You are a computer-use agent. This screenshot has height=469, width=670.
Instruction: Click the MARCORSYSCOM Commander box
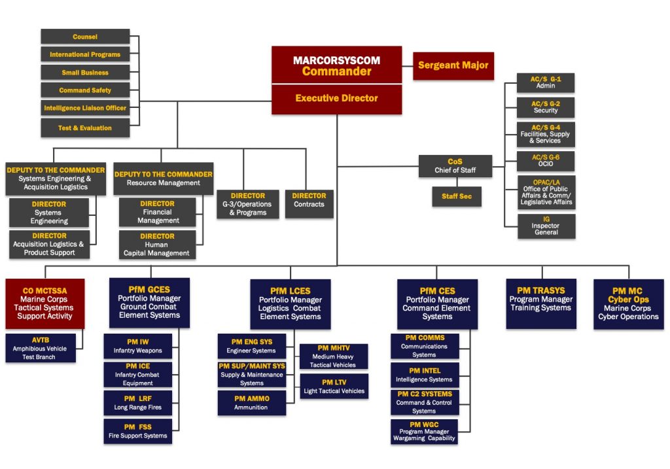(336, 65)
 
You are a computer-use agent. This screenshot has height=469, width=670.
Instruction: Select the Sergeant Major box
(453, 65)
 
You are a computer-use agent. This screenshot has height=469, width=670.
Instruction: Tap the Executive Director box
(336, 98)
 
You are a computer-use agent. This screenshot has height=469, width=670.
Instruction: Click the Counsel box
(85, 37)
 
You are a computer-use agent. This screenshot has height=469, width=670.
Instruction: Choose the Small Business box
(85, 73)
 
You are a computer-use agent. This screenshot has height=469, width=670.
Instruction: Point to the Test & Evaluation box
(85, 128)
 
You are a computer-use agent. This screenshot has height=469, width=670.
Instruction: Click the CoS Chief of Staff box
(455, 166)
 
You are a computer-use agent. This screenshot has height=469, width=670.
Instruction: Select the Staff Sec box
(457, 196)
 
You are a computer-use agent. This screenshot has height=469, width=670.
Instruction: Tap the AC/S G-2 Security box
(545, 107)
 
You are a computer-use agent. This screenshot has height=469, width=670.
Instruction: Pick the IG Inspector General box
(546, 226)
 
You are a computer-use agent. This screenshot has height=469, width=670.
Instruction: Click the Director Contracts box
(309, 200)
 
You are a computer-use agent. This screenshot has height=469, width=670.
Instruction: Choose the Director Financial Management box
(158, 212)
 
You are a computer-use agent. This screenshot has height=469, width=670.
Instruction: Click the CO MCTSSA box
(44, 303)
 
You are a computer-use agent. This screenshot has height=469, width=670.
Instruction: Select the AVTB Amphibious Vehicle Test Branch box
(41, 348)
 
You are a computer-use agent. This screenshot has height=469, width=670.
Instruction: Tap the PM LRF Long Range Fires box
(137, 402)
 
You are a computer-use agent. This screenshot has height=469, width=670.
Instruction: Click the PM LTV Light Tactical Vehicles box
(334, 387)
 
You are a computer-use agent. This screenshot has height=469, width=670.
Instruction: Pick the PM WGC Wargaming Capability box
(424, 432)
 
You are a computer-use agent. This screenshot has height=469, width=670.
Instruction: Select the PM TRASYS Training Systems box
(540, 304)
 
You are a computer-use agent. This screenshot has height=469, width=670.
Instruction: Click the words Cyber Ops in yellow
(627, 300)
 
